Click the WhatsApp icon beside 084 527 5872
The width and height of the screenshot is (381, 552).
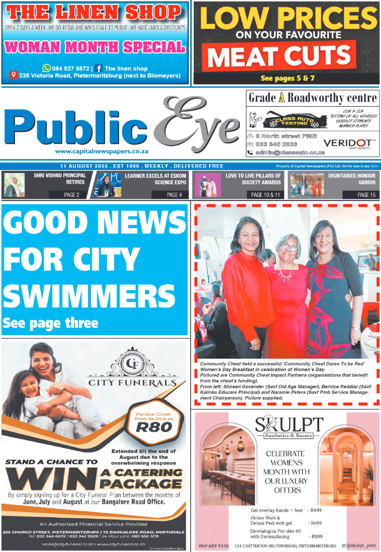(47, 68)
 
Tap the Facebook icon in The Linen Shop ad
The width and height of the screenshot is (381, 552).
(98, 68)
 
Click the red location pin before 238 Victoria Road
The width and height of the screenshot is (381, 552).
(14, 76)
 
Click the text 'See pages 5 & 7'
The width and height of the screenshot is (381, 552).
(287, 78)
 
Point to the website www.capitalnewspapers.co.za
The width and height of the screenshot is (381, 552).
(102, 151)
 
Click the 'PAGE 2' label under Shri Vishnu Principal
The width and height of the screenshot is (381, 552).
(72, 195)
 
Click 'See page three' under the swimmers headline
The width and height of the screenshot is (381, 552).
(50, 323)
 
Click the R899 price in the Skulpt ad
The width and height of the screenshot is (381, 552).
(316, 536)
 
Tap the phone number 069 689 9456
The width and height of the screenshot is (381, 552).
(213, 546)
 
